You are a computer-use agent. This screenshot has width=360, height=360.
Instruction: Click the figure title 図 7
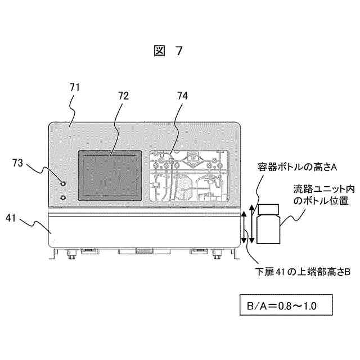(x=168, y=51)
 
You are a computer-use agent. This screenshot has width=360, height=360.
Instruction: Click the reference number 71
(x=75, y=87)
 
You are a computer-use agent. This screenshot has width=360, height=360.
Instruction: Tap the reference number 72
(x=123, y=96)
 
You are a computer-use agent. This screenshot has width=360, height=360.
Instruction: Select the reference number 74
(x=182, y=96)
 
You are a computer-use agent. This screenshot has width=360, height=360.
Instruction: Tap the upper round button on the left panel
(x=62, y=183)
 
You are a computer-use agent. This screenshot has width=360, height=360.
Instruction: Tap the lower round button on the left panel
(x=62, y=197)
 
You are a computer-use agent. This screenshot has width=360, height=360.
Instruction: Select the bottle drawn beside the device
(x=268, y=225)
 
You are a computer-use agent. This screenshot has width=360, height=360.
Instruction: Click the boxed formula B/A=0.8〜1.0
(x=285, y=307)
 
